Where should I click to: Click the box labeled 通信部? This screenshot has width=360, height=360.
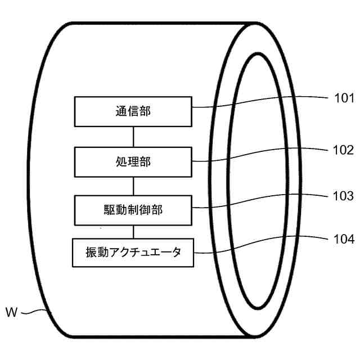133,111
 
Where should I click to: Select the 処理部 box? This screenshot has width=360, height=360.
133,161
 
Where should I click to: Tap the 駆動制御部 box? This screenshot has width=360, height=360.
133,209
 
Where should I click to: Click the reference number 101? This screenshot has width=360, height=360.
343,99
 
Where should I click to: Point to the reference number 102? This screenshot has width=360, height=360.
343,150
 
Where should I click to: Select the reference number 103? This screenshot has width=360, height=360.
343,196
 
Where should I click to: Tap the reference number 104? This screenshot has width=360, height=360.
343,239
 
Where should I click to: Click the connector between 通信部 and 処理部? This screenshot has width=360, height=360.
133,137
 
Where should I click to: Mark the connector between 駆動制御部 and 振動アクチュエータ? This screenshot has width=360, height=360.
133,231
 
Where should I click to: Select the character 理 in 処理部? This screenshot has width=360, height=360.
133,162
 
